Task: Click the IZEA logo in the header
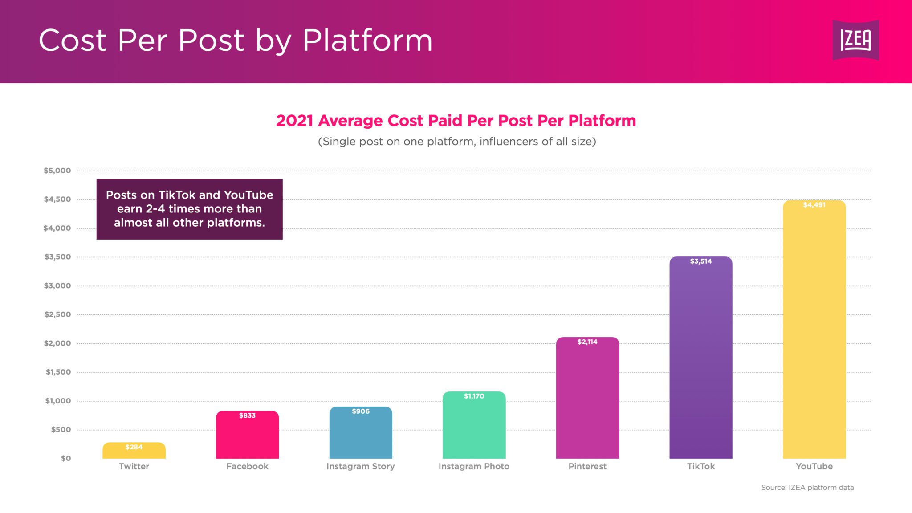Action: point(855,40)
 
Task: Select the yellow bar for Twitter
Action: point(134,452)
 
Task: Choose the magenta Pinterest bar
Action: point(587,401)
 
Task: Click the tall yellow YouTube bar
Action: point(814,334)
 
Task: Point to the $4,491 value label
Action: point(814,205)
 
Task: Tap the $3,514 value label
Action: point(700,261)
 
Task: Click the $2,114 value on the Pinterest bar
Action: point(587,342)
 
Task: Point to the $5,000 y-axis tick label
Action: point(57,171)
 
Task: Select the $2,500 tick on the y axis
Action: point(57,314)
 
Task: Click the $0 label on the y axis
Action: point(66,458)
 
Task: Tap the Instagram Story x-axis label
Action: point(360,466)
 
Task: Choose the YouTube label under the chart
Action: point(814,466)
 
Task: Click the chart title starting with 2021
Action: point(456,121)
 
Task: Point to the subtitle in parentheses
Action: point(457,142)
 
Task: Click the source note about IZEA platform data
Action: point(807,488)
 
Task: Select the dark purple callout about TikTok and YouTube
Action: point(189,209)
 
